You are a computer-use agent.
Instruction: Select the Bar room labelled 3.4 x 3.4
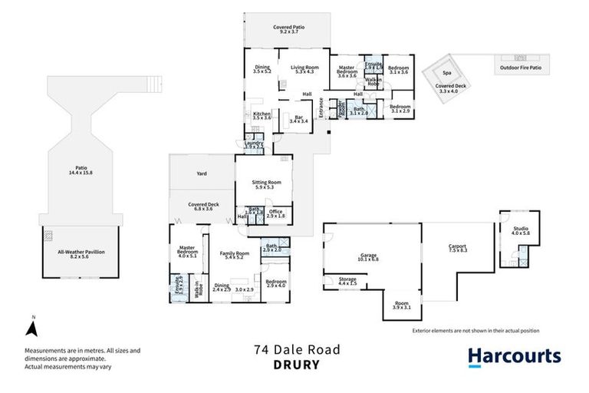click(x=298, y=117)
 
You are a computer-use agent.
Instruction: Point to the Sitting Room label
click(x=267, y=182)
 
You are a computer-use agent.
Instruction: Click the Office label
click(x=276, y=212)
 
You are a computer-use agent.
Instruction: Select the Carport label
click(x=458, y=246)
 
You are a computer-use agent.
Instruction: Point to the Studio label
click(x=521, y=228)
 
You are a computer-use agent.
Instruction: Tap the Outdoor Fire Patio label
click(x=521, y=68)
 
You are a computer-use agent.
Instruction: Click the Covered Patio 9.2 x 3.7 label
click(x=288, y=28)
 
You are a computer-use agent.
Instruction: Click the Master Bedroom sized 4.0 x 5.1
click(x=187, y=252)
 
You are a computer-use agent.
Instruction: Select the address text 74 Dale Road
click(x=296, y=349)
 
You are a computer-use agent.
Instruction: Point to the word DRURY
click(x=296, y=365)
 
